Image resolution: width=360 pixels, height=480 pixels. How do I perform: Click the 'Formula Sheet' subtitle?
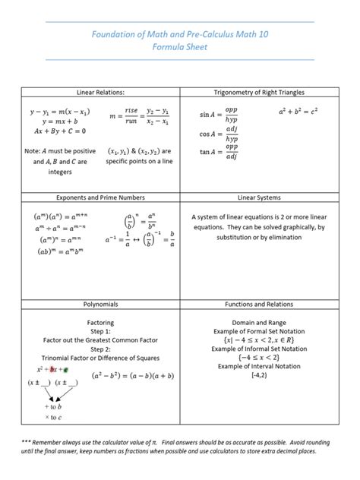pos(180,47)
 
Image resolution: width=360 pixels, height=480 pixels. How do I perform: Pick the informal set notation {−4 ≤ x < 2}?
pos(260,357)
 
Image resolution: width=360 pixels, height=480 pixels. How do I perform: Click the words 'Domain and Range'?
pos(260,323)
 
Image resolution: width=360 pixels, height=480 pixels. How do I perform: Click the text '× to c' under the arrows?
pos(53,417)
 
